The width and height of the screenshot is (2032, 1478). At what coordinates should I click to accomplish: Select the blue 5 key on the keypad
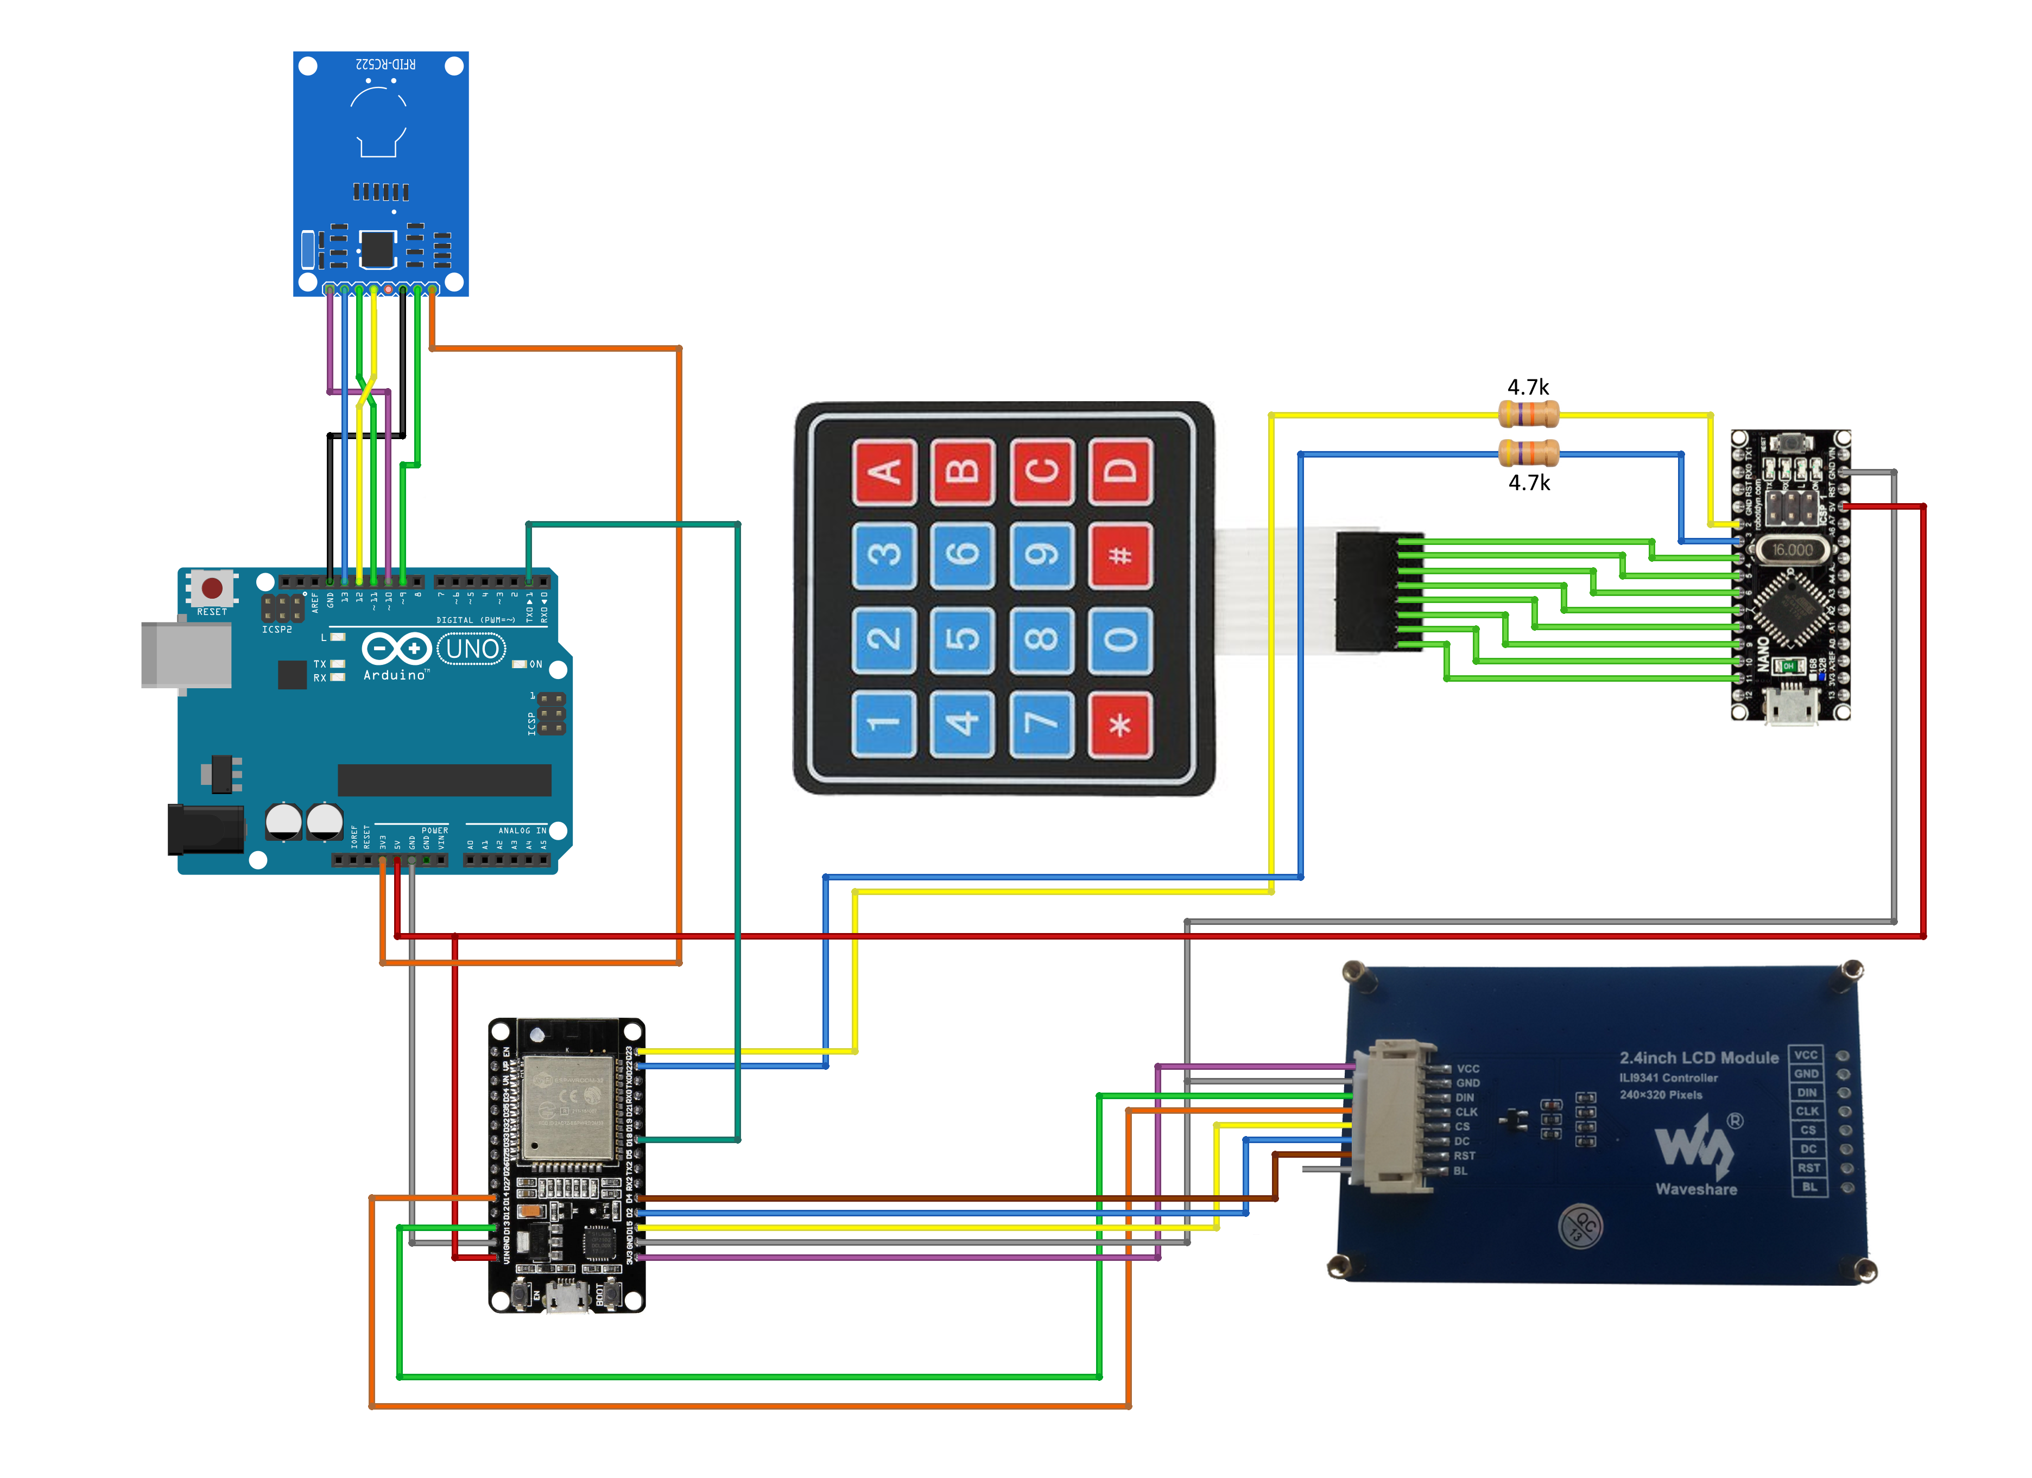pos(962,639)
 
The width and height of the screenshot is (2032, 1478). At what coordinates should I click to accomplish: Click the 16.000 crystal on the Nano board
pos(1792,549)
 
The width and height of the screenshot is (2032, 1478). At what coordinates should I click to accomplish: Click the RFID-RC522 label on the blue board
pos(385,65)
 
